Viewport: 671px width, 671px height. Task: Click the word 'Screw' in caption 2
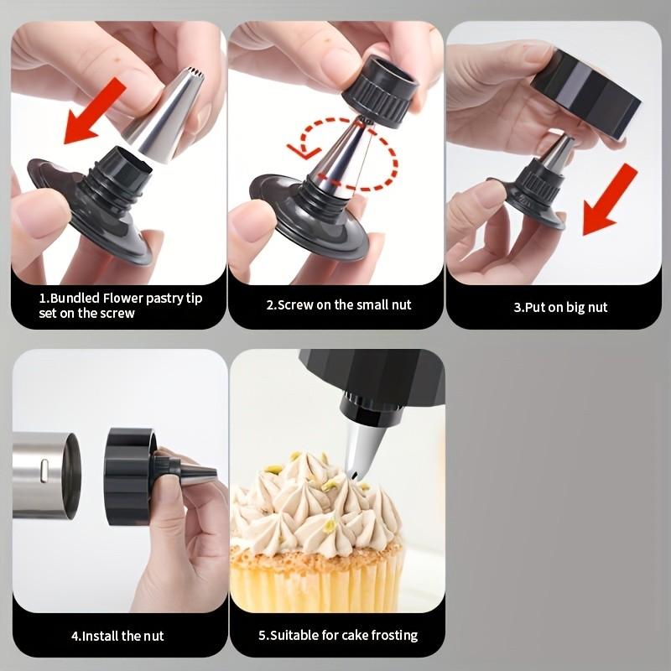295,304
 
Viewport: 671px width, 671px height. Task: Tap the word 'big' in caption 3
575,307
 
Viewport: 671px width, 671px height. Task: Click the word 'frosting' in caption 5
393,636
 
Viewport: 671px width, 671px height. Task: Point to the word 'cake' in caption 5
351,636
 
